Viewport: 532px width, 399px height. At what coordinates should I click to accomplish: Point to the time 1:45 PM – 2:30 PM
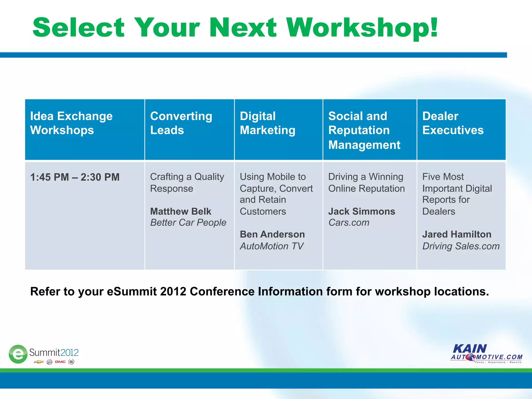[75, 177]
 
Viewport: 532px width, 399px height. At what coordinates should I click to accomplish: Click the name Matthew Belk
[181, 211]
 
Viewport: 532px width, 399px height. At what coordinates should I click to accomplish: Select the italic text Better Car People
[188, 223]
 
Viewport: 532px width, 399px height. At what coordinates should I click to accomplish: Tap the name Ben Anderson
[272, 234]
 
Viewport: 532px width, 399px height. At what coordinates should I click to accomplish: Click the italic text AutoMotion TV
[271, 246]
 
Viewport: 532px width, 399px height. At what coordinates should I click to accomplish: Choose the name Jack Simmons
[362, 211]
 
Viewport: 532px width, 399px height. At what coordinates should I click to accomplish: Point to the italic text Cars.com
[349, 223]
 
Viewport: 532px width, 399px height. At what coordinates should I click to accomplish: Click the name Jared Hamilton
[457, 234]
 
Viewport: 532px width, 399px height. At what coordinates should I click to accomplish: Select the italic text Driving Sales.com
[461, 246]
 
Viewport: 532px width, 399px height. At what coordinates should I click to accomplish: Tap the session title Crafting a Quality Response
[187, 182]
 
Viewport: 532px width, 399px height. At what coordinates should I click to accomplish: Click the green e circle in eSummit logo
[18, 354]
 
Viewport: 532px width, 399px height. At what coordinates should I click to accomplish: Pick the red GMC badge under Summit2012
[60, 362]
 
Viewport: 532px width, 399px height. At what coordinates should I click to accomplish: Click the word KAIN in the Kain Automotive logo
[470, 349]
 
